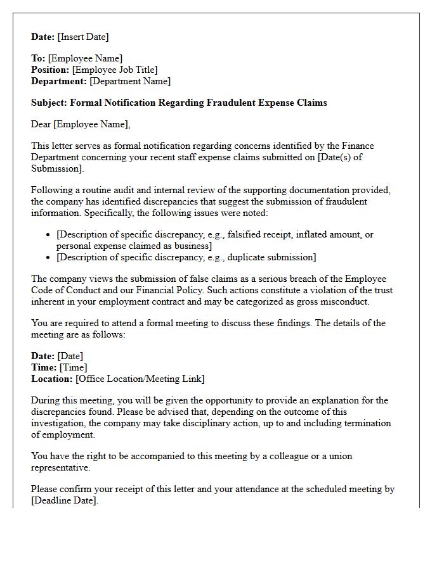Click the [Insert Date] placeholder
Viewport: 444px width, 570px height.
83,37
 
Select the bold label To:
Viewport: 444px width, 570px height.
38,58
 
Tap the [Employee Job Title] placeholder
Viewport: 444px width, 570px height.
115,70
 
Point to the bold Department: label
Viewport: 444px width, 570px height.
59,81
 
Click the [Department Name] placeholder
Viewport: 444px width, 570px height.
130,81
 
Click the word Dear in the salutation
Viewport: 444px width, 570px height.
41,124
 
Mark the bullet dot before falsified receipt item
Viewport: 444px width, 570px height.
49,235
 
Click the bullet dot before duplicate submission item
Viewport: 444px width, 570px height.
49,258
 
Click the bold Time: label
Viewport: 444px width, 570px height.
44,367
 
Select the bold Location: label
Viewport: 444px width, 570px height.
52,379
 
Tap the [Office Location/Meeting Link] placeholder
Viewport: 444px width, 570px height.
140,379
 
